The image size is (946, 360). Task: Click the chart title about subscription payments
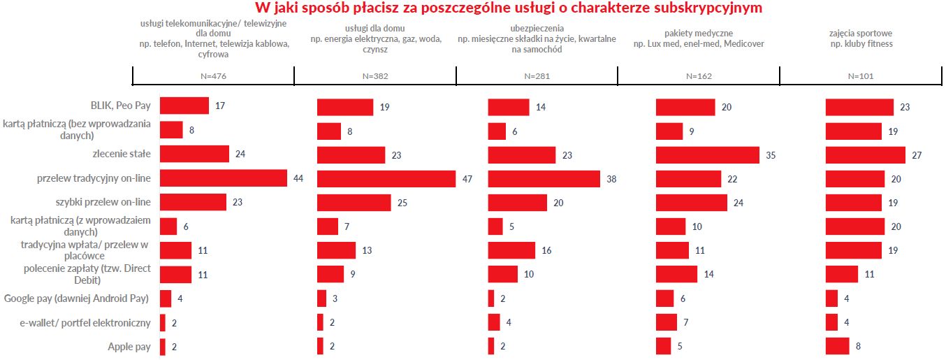508,8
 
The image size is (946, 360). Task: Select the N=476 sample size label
213,76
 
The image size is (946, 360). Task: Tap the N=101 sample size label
860,76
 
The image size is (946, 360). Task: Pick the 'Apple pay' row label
129,346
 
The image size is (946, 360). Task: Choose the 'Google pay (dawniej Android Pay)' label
76,298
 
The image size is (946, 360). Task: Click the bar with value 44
224,178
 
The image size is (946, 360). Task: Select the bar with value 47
386,178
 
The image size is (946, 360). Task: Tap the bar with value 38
544,178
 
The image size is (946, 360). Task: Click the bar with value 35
707,154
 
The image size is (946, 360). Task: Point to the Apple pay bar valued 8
837,346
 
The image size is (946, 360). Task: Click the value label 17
220,106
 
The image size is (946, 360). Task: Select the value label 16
547,250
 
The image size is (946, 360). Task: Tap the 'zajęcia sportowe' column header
860,38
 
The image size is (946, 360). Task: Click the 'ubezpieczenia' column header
537,38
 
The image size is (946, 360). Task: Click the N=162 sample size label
699,76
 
